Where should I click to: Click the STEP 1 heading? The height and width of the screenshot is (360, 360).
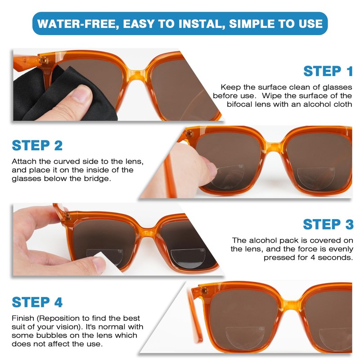click(x=328, y=71)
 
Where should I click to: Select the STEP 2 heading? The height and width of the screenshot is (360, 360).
click(x=37, y=145)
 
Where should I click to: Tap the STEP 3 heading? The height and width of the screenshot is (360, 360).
click(x=328, y=224)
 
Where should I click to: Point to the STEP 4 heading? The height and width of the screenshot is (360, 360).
click(x=37, y=302)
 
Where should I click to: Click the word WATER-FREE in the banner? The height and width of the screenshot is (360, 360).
click(x=74, y=23)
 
